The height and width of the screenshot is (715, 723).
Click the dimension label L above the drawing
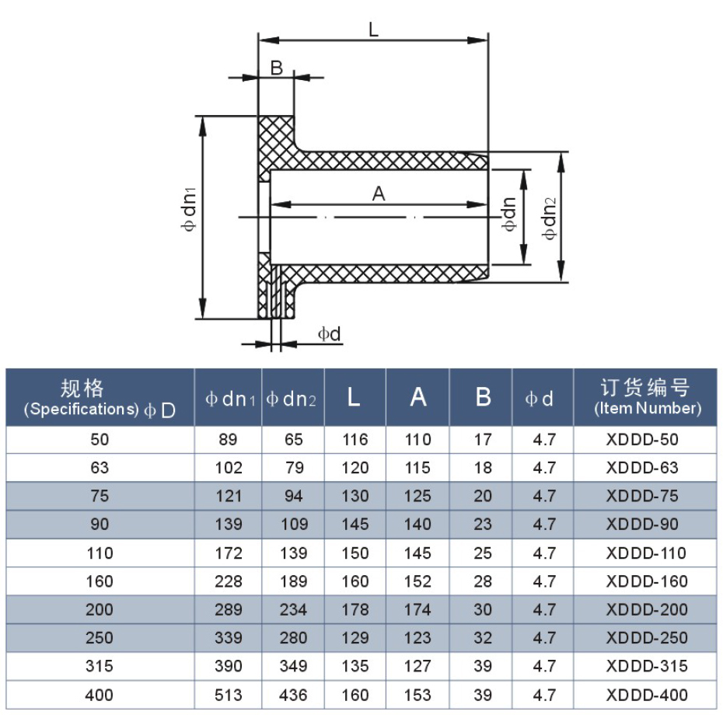tap(373, 30)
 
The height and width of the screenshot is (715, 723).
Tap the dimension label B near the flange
tap(276, 68)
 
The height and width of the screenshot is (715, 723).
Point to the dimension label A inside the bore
tap(379, 194)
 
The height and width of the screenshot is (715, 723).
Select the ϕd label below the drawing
tap(330, 334)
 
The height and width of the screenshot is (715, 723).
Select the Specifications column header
tap(100, 397)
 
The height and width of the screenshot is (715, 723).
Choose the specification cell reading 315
tap(100, 666)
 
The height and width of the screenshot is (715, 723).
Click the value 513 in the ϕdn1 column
tap(229, 695)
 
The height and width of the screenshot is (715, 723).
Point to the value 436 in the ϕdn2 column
tap(293, 695)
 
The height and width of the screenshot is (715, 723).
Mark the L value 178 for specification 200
tap(355, 610)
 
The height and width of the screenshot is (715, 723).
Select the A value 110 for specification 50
tap(418, 440)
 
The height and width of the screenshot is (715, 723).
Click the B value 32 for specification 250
tap(483, 638)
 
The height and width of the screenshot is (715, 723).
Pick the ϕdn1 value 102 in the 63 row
tap(229, 468)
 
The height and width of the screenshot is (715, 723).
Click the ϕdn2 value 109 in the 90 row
tap(293, 525)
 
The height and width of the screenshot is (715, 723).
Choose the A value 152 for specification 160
tap(418, 581)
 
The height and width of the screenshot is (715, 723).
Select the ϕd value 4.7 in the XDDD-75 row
tap(543, 497)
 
